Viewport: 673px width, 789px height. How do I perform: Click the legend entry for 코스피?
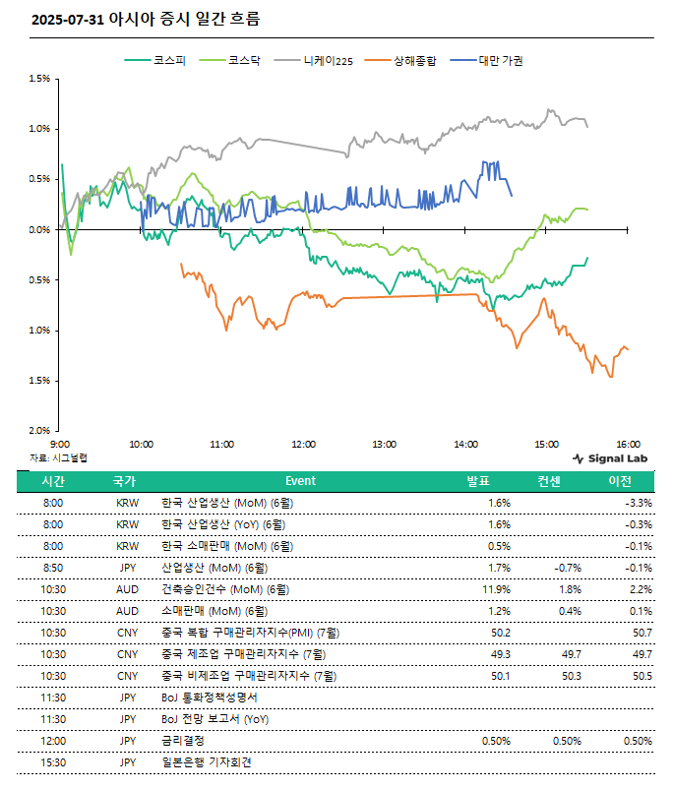[x=155, y=61]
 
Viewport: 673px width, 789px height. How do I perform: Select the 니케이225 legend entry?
[x=314, y=61]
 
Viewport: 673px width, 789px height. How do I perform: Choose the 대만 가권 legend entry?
[x=487, y=61]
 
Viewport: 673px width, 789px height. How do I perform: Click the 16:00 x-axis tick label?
[x=628, y=445]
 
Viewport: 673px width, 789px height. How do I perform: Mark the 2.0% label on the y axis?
[x=39, y=430]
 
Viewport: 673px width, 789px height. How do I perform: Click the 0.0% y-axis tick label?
[x=39, y=230]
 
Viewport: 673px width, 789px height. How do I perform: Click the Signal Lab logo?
[x=610, y=458]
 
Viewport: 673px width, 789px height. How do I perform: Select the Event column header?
[x=300, y=481]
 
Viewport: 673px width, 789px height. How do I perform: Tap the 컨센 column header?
[x=549, y=481]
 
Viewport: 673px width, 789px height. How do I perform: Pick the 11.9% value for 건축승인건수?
[x=496, y=589]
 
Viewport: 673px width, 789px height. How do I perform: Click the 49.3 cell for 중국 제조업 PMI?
[x=501, y=654]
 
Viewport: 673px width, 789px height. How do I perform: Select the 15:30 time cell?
[x=53, y=762]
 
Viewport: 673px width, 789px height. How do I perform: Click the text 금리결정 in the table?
[x=183, y=741]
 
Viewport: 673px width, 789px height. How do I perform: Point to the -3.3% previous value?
[x=639, y=503]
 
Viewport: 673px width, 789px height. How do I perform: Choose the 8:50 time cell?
[x=53, y=568]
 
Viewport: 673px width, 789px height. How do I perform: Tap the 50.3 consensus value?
[x=572, y=676]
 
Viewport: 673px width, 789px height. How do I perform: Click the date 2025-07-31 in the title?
[x=68, y=20]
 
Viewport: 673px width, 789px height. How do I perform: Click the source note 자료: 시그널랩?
[x=58, y=457]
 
